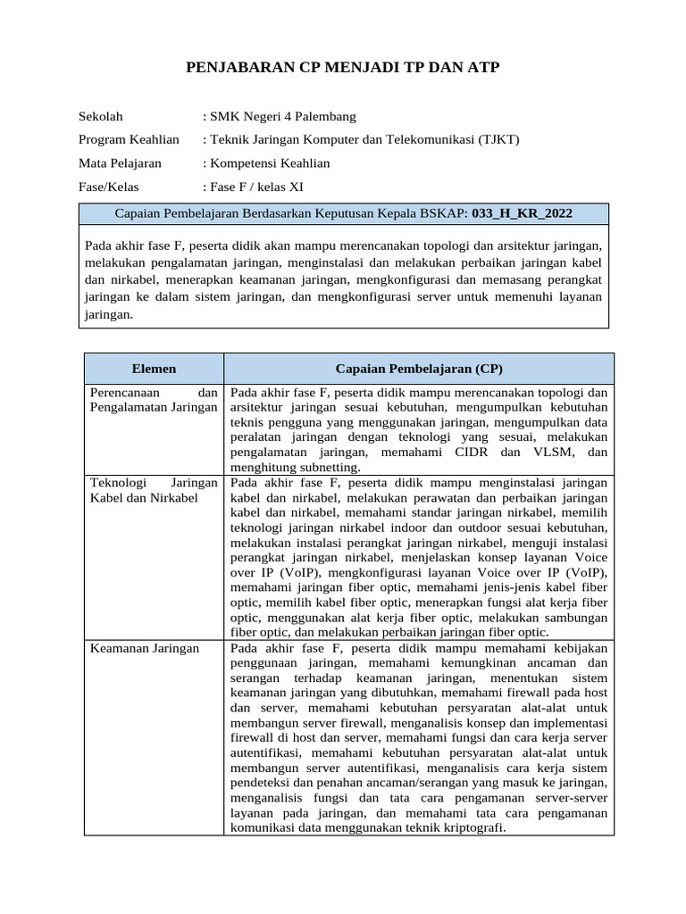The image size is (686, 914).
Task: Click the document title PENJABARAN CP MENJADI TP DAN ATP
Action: (x=342, y=69)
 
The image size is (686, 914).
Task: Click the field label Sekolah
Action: (x=101, y=116)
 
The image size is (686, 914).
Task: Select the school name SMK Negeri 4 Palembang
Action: (x=282, y=116)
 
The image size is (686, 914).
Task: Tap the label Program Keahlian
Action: (x=129, y=139)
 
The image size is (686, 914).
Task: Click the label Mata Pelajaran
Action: (x=120, y=162)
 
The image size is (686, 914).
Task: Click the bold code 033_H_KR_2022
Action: (x=522, y=213)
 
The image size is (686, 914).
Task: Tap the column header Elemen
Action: (x=154, y=369)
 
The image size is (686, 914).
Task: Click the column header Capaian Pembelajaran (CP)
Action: (x=419, y=369)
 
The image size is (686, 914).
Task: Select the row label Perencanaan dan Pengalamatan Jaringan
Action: (x=154, y=400)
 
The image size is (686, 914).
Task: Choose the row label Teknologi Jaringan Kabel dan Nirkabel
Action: (x=154, y=490)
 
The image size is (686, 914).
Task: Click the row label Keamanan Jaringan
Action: (x=145, y=649)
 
